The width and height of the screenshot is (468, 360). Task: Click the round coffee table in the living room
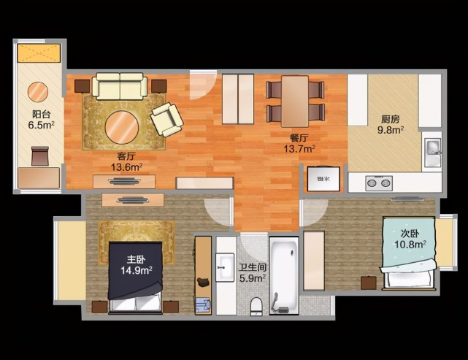122,128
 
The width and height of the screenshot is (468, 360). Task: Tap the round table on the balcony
38,92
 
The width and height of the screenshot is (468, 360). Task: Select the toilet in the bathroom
256,307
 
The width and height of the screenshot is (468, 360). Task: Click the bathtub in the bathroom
284,275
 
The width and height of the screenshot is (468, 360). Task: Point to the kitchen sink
433,152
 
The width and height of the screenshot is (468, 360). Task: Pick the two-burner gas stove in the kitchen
379,183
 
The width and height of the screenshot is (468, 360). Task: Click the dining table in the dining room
295,102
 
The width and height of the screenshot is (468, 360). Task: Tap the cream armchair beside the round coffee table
166,120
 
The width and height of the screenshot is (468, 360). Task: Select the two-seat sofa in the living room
120,86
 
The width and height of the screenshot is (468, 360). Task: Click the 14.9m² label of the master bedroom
137,270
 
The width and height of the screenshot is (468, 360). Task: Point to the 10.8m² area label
410,245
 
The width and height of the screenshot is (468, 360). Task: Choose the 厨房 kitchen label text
390,120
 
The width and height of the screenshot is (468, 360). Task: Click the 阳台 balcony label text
41,114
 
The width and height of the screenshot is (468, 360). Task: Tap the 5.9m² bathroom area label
253,278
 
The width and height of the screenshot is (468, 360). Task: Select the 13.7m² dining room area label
299,148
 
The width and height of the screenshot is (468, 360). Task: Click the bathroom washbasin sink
225,267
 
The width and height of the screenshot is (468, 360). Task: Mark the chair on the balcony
39,156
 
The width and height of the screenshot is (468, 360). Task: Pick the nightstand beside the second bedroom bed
369,283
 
